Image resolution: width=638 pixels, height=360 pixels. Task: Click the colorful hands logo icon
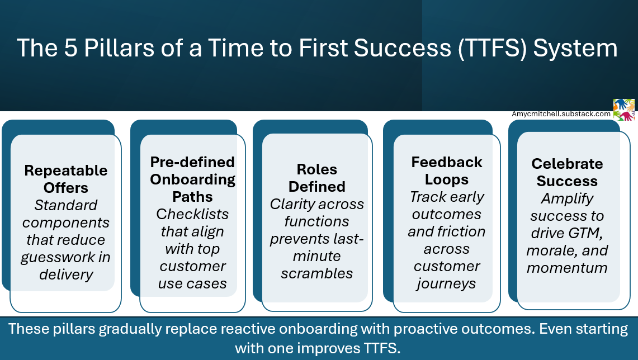point(624,110)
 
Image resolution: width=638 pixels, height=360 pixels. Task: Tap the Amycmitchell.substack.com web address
point(561,114)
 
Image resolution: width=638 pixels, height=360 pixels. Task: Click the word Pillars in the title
point(119,48)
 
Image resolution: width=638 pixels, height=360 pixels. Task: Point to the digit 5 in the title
point(70,48)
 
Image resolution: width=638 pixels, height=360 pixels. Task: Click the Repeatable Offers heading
point(66,179)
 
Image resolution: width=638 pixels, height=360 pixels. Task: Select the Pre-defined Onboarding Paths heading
point(192,179)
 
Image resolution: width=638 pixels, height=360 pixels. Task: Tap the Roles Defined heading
point(317,178)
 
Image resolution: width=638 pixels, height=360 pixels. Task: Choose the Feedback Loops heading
point(447,171)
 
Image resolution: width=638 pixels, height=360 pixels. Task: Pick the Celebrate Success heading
point(567,172)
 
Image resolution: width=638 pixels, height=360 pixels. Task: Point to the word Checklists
point(192,214)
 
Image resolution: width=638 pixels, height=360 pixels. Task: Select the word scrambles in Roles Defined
point(317,273)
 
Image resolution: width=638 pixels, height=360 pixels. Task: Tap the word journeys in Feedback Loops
point(446,284)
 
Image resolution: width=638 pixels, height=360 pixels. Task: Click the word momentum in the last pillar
point(567,268)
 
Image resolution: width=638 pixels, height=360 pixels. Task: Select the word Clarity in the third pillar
point(289,204)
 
